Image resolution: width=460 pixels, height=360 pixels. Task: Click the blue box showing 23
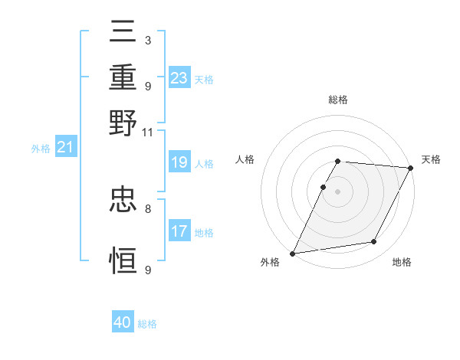[x=179, y=78]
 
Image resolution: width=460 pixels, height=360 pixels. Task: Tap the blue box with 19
[x=179, y=162]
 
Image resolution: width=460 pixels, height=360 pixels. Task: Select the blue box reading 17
[x=179, y=231]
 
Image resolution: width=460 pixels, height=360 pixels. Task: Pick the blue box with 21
[x=64, y=147]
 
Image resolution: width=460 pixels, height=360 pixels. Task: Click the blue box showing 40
[x=123, y=323]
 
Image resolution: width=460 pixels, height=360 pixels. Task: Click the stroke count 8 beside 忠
[x=147, y=208]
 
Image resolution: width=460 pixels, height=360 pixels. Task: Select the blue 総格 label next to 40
[x=147, y=325]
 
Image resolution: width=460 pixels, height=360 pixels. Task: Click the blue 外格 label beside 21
[x=40, y=149]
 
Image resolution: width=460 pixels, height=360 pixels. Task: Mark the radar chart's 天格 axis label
[x=431, y=159]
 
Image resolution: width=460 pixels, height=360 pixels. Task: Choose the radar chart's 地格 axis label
[x=402, y=263]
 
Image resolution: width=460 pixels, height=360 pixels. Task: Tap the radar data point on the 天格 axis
[x=411, y=168]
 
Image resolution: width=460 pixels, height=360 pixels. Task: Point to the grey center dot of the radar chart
[x=337, y=191]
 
